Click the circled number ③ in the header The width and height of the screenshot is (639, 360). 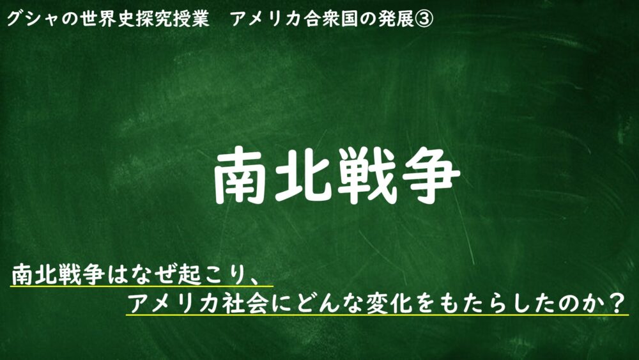424,19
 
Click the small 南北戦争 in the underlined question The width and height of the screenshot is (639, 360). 58,274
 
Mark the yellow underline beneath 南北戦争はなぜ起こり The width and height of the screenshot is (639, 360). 141,286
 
